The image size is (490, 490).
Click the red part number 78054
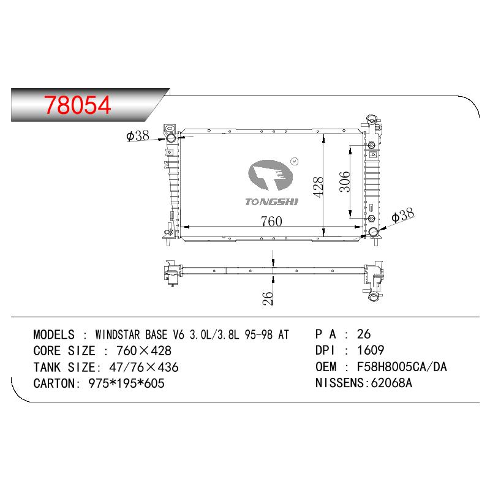(x=77, y=105)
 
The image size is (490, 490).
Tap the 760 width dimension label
(x=271, y=221)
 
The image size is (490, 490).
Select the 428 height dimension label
(x=318, y=187)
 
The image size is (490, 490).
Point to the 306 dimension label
(x=345, y=181)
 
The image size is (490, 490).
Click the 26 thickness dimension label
(x=268, y=298)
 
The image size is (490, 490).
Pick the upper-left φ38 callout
(x=138, y=135)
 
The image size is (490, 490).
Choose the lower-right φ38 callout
(x=402, y=215)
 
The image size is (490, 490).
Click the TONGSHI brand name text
(x=271, y=202)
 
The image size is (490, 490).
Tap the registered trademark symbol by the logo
(x=295, y=161)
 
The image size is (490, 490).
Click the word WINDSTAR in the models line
(x=118, y=334)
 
